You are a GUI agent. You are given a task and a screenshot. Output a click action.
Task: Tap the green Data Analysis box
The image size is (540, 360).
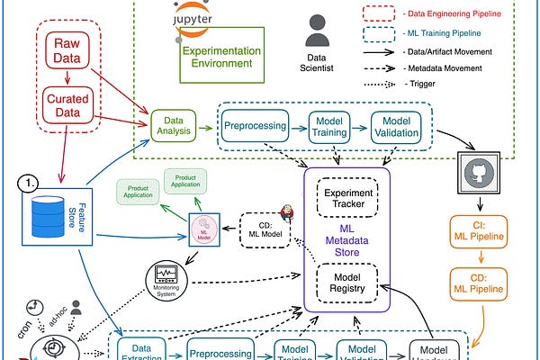(173, 125)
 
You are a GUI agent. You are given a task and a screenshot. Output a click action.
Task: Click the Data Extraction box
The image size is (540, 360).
(141, 349)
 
